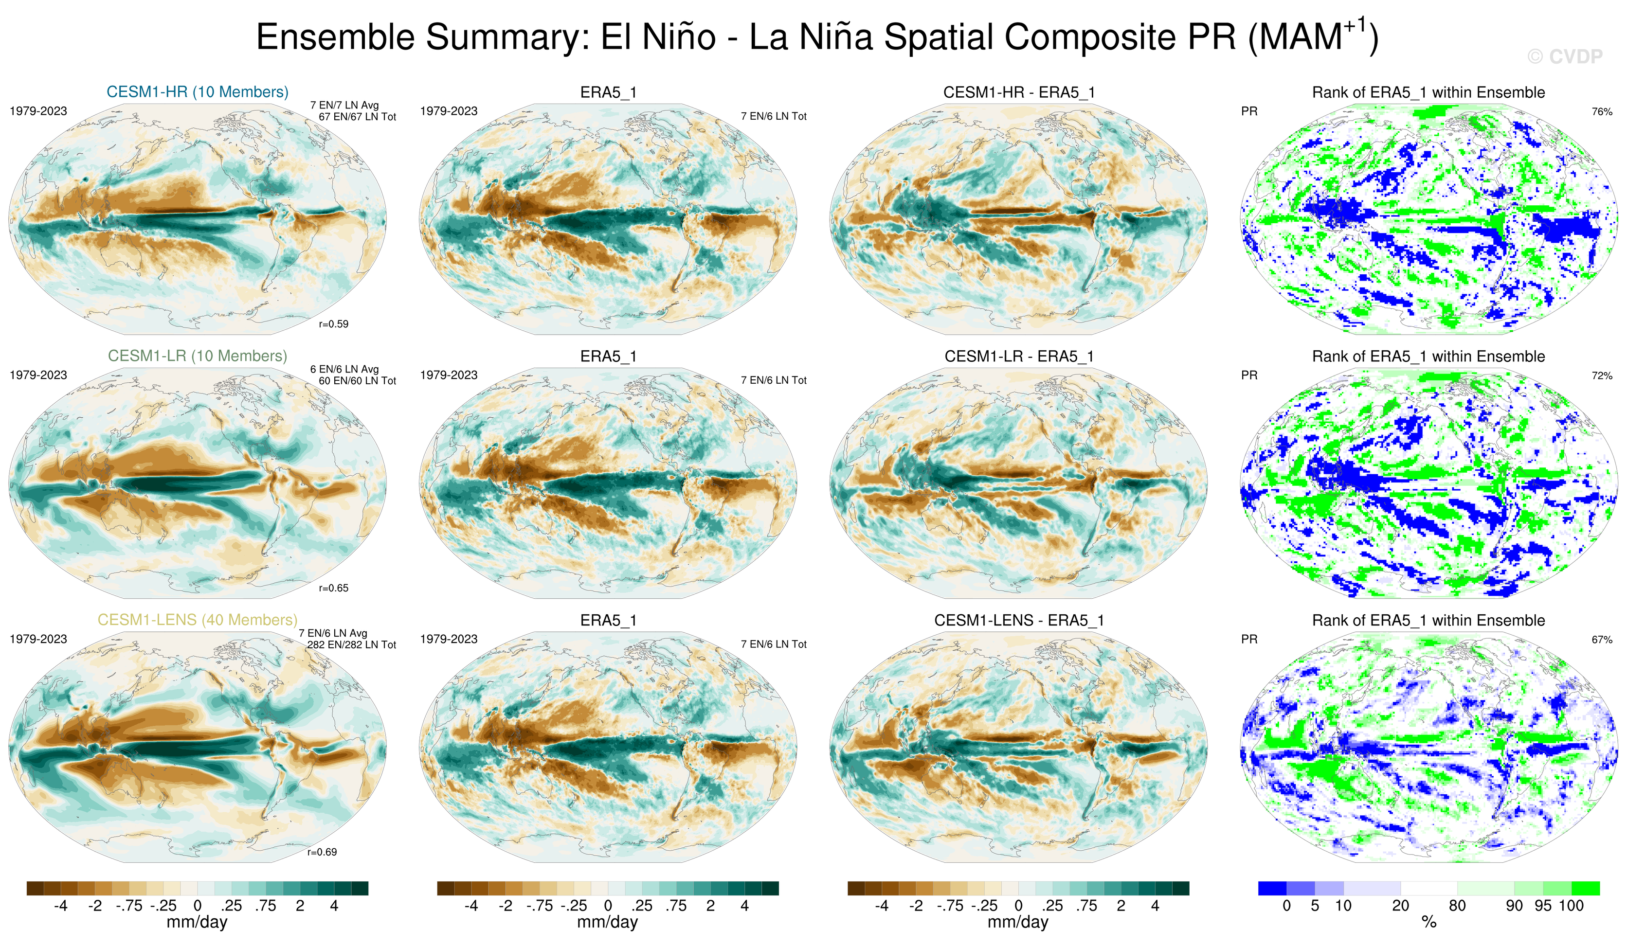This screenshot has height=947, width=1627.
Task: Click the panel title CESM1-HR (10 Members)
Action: [x=198, y=91]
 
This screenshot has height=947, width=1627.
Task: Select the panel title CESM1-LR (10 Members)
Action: [x=198, y=356]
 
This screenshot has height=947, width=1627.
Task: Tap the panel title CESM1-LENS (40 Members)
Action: [x=198, y=620]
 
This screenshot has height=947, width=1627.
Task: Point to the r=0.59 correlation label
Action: [x=333, y=324]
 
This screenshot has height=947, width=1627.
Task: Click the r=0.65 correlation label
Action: [x=333, y=588]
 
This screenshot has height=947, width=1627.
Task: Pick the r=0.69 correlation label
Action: [x=322, y=852]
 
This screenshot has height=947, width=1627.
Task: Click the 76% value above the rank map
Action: [x=1602, y=112]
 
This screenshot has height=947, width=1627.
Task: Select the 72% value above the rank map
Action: [x=1602, y=375]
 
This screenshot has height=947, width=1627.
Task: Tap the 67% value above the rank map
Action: [x=1602, y=640]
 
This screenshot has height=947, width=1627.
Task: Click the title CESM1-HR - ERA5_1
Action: [x=1019, y=92]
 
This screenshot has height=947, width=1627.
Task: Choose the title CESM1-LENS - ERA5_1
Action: [x=1019, y=620]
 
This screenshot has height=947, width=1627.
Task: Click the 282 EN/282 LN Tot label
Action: [x=351, y=645]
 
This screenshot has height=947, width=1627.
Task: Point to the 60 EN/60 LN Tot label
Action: [x=357, y=381]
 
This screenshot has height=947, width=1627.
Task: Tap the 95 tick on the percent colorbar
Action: [x=1543, y=906]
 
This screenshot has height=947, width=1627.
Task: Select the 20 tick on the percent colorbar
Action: [x=1400, y=906]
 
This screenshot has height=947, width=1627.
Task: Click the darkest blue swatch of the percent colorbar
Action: [x=1272, y=888]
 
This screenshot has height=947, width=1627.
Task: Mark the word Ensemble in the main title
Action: [x=340, y=37]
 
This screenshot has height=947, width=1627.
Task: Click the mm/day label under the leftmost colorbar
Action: [x=197, y=922]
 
